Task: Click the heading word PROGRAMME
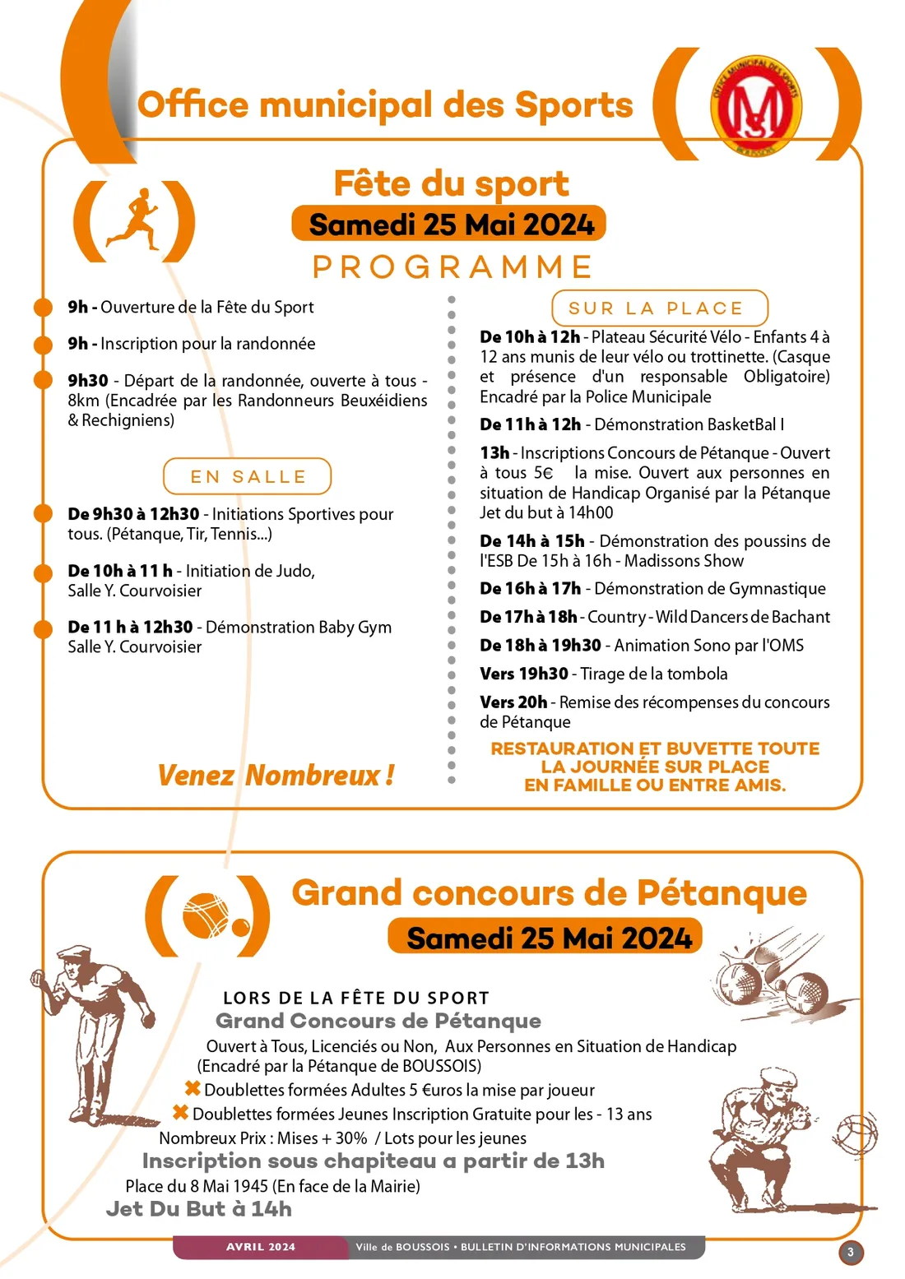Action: [x=452, y=267]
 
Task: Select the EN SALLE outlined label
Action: [x=248, y=477]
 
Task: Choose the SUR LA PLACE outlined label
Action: [x=659, y=308]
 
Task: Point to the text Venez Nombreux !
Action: [x=276, y=775]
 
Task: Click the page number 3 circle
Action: [x=851, y=1253]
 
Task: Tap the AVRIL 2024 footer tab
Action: [x=261, y=1247]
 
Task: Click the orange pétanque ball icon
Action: [x=207, y=915]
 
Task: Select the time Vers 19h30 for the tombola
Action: [x=524, y=674]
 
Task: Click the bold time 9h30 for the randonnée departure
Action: [x=88, y=381]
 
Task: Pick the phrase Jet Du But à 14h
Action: [x=198, y=1209]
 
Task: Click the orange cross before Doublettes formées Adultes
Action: [x=193, y=1089]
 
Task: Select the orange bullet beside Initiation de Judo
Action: [x=43, y=572]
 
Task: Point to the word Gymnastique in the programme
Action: [x=778, y=589]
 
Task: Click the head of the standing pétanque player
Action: [x=76, y=962]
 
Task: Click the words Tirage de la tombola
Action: [x=654, y=674]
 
